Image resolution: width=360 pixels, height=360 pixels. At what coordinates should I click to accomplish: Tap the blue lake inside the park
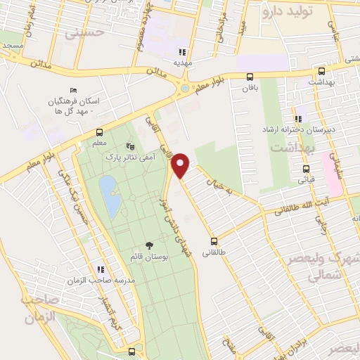pyautogui.click(x=109, y=195)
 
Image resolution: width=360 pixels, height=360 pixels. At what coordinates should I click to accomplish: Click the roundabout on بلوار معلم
pyautogui.click(x=184, y=89)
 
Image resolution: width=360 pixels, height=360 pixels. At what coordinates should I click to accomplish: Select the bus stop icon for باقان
pyautogui.click(x=250, y=77)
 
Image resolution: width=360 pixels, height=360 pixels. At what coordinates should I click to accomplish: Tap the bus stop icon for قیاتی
pyautogui.click(x=306, y=169)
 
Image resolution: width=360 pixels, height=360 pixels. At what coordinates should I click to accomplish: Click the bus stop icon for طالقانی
pyautogui.click(x=214, y=241)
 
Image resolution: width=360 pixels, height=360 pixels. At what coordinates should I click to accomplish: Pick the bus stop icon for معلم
pyautogui.click(x=99, y=131)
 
